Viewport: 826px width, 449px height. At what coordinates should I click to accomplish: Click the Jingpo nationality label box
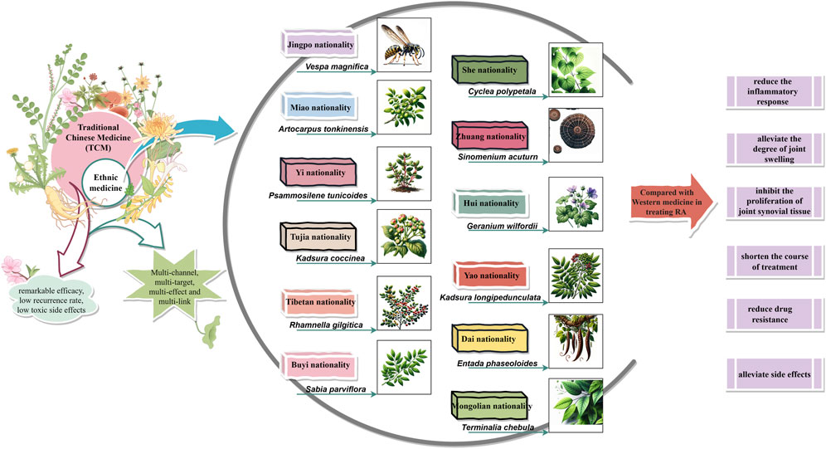[x=318, y=44]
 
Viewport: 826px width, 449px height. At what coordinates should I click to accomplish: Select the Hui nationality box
[x=493, y=203]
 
